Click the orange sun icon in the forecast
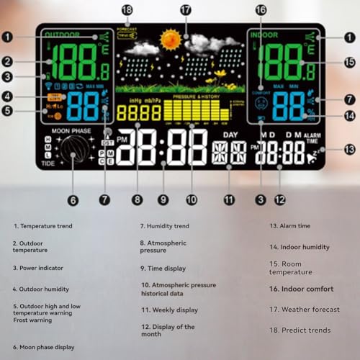tap(171, 39)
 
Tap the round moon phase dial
tap(71, 152)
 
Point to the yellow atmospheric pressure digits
tap(139, 113)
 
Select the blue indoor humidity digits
tap(288, 106)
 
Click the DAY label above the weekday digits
tap(230, 135)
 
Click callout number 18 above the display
tap(127, 9)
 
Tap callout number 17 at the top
tap(186, 9)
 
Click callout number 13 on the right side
tap(350, 150)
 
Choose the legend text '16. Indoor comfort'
tap(302, 289)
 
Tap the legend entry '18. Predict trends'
tap(300, 330)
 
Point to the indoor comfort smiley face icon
tap(261, 102)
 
